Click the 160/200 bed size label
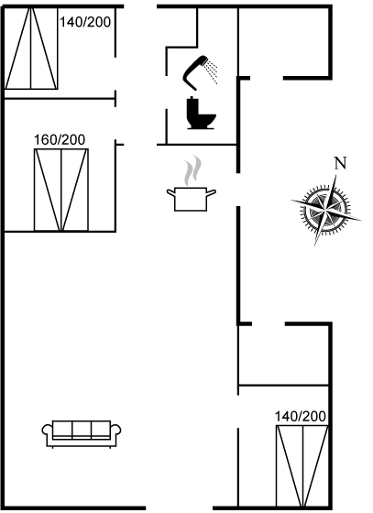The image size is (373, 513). pyautogui.click(x=60, y=139)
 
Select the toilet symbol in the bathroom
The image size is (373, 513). pyautogui.click(x=201, y=113)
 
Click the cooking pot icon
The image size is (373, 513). pyautogui.click(x=191, y=199)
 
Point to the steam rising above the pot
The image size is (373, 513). pyautogui.click(x=192, y=170)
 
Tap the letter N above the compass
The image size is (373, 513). pyautogui.click(x=340, y=163)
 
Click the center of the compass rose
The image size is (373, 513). pyautogui.click(x=325, y=209)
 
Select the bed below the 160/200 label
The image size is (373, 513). pyautogui.click(x=61, y=190)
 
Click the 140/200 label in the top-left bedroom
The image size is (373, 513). pyautogui.click(x=85, y=22)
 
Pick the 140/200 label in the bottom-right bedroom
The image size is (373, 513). pyautogui.click(x=301, y=417)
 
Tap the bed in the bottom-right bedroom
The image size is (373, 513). pyautogui.click(x=302, y=465)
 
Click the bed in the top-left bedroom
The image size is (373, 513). pyautogui.click(x=31, y=48)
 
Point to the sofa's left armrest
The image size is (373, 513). pyautogui.click(x=48, y=432)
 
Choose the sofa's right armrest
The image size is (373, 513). pyautogui.click(x=115, y=432)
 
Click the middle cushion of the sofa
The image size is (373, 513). pyautogui.click(x=82, y=429)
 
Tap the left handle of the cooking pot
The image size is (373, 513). pyautogui.click(x=170, y=192)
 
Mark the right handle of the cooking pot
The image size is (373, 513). pyautogui.click(x=212, y=192)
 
